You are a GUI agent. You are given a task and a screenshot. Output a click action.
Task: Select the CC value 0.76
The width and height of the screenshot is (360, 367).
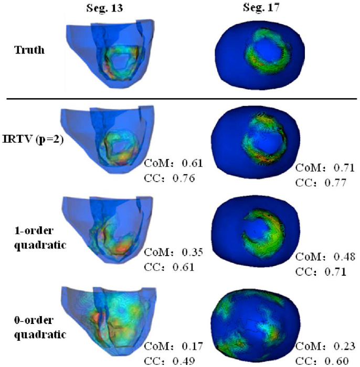[x=184, y=178]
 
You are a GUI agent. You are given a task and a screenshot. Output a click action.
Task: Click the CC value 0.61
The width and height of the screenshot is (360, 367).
[x=184, y=267]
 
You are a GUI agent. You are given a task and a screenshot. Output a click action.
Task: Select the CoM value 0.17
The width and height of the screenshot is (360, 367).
[x=191, y=345]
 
